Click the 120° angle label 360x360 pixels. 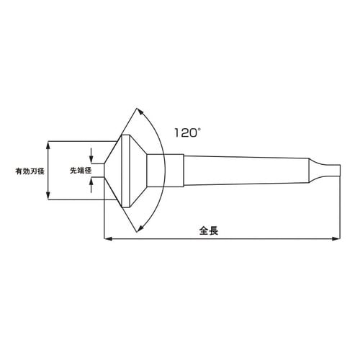(185, 133)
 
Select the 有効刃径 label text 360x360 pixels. (30, 171)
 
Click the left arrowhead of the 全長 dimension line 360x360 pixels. (108, 238)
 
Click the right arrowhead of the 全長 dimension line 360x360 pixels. (336, 238)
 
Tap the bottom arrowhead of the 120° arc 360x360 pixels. (139, 230)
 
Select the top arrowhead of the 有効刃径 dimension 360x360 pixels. (48, 144)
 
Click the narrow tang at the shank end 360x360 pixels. (328, 171)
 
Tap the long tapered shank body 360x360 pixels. (245, 171)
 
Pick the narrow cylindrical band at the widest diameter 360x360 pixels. (126, 171)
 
